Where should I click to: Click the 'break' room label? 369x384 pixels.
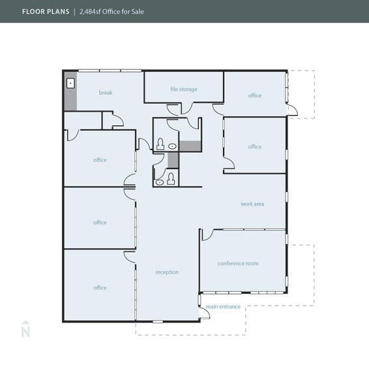point(106,93)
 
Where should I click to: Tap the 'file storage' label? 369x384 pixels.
point(184,89)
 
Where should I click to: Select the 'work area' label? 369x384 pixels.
point(252,204)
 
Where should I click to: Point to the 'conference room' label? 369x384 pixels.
point(238,263)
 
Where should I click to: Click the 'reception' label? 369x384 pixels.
point(167,272)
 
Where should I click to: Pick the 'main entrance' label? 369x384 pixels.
point(223,307)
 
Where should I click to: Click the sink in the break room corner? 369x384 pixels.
point(70,84)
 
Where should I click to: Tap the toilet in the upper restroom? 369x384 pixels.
point(160,144)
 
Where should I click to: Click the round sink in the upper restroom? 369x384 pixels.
point(173,146)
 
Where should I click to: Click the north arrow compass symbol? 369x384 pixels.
point(26,329)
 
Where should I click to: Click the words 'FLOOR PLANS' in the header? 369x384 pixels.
point(45,11)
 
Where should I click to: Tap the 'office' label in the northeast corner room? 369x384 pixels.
point(254,95)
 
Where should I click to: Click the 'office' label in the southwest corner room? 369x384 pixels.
point(100,288)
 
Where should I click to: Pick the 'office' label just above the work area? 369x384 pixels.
point(254,147)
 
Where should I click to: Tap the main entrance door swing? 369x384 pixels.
point(204,313)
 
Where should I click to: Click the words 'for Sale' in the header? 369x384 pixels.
point(134,11)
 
